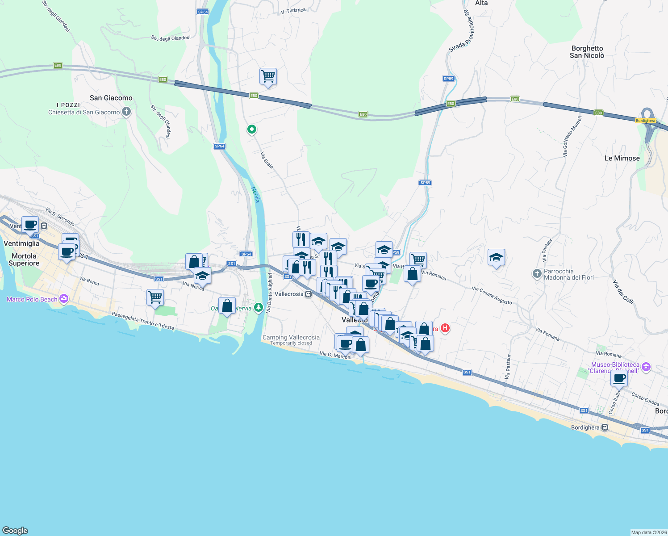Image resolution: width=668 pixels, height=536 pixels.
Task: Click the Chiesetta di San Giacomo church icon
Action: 126,112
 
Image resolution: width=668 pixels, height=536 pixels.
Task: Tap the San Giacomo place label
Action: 111,98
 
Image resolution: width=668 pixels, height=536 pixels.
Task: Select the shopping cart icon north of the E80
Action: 268,76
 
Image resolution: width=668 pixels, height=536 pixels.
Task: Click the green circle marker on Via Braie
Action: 252,130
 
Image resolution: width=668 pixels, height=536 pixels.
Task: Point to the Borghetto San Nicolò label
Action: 587,52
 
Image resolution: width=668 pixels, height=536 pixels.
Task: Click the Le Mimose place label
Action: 622,158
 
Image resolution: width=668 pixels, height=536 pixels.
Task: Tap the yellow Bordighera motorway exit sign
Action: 645,121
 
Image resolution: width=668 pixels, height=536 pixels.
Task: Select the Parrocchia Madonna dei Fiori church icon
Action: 537,273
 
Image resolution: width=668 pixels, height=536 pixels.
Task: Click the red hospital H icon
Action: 445,328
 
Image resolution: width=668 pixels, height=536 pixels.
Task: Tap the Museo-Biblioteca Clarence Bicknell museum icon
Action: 646,367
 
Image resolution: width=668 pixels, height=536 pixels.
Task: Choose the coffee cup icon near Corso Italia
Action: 619,379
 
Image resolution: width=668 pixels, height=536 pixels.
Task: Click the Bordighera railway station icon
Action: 605,427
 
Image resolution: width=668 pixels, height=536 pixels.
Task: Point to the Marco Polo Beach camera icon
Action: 64,299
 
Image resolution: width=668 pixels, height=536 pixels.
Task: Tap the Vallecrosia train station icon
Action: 308,294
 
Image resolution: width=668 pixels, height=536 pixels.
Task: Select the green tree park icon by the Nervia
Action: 258,307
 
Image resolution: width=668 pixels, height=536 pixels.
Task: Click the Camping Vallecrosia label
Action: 291,338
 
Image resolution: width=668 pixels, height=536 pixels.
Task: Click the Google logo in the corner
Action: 15,530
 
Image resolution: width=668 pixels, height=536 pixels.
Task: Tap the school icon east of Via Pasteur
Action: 496,257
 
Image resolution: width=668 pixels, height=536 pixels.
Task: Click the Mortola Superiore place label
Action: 24,260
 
